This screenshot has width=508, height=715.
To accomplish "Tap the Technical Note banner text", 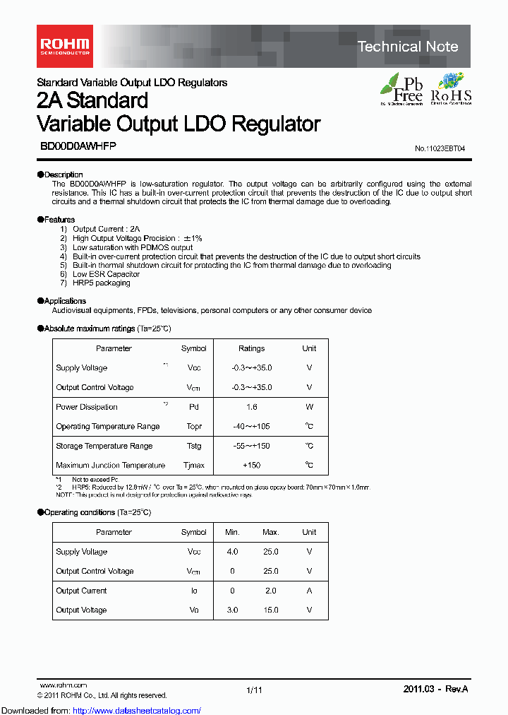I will pyautogui.click(x=407, y=47).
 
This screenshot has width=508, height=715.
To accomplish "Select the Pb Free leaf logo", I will pyautogui.click(x=402, y=89).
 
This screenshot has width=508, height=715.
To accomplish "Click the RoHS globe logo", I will pyautogui.click(x=451, y=89).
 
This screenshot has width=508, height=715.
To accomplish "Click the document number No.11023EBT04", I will pyautogui.click(x=440, y=148).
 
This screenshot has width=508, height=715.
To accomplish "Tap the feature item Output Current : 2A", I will pyautogui.click(x=106, y=229).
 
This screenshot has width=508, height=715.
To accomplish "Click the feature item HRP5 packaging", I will pyautogui.click(x=101, y=283).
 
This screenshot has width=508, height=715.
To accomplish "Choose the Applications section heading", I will pyautogui.click(x=64, y=301).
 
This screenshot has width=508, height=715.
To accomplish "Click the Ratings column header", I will pyautogui.click(x=251, y=348).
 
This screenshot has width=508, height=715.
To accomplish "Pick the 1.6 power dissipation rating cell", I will pyautogui.click(x=251, y=407).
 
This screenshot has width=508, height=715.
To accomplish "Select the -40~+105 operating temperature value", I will pyautogui.click(x=251, y=426).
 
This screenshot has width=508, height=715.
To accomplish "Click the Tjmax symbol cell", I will pyautogui.click(x=193, y=465).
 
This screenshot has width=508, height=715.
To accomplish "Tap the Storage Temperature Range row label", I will pyautogui.click(x=104, y=446).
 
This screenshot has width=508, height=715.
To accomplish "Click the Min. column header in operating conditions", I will pyautogui.click(x=232, y=532).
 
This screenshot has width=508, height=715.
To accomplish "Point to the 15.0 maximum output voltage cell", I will pyautogui.click(x=270, y=610).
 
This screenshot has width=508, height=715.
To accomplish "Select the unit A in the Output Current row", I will pyautogui.click(x=309, y=591).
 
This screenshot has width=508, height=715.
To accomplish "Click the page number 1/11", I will pyautogui.click(x=254, y=690).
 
